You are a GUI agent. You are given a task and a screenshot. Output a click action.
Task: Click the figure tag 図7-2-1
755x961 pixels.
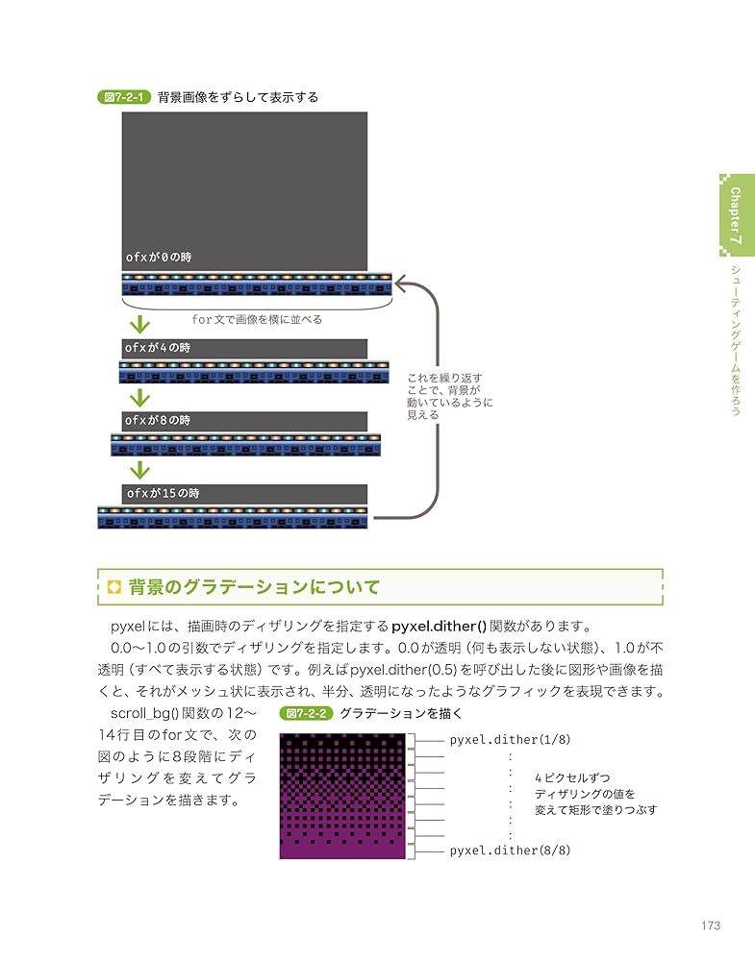[124, 97]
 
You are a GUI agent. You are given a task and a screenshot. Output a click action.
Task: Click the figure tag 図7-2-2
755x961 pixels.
[306, 713]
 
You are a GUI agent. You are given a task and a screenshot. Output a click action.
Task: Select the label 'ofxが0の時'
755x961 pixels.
[159, 257]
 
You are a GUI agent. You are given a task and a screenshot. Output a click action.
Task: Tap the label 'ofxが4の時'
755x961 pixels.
[158, 347]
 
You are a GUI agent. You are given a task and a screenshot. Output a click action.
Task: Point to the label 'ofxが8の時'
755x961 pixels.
[158, 421]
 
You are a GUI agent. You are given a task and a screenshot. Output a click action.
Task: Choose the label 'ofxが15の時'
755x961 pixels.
[163, 493]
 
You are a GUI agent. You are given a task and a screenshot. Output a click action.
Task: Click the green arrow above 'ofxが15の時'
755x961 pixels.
[140, 470]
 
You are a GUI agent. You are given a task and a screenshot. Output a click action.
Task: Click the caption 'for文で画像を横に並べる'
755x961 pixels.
[257, 320]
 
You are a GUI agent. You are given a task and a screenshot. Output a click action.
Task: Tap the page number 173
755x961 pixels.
[711, 925]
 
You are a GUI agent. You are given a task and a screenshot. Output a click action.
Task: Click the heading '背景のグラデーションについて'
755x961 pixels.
[254, 587]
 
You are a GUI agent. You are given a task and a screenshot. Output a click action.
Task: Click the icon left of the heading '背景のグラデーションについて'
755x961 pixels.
[114, 587]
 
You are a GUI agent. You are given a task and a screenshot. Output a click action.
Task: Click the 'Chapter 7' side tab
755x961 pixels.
[735, 215]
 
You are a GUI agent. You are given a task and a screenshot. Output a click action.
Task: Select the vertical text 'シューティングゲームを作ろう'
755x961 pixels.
[735, 338]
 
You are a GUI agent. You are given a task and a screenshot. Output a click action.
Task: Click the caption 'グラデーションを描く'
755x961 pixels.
[401, 713]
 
